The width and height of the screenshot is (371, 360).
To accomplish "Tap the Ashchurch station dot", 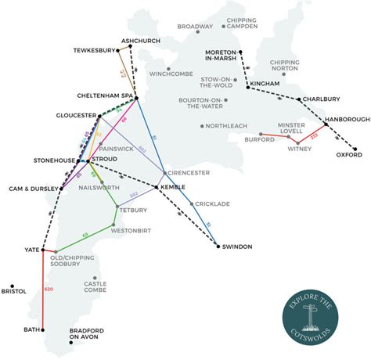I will pos(130,45).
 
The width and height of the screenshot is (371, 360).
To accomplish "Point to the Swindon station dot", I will pos(218,247).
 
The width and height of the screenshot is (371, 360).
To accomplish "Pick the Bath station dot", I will pos(43,329).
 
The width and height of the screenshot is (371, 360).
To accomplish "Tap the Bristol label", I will pos(14,291).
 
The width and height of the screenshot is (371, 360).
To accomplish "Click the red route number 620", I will pos(49,290).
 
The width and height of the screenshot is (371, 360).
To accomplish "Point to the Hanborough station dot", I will pos(325,124).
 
